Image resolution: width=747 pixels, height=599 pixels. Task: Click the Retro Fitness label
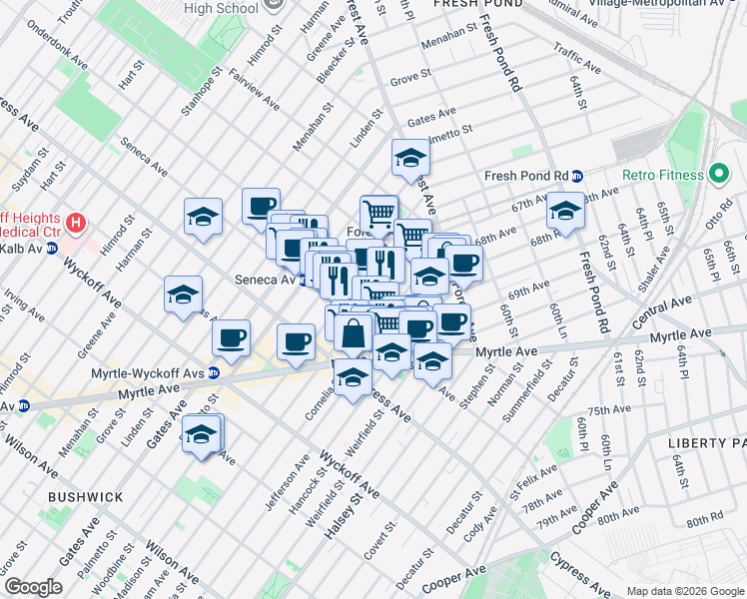(663, 175)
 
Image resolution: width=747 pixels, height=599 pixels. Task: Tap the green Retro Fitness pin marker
(718, 175)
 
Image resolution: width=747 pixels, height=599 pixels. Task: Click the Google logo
(33, 587)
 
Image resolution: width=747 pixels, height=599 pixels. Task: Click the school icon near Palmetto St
(409, 158)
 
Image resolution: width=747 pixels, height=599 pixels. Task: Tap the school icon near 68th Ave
(564, 212)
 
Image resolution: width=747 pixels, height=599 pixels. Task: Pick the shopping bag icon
(353, 333)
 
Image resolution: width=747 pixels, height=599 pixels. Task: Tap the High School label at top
(221, 8)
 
